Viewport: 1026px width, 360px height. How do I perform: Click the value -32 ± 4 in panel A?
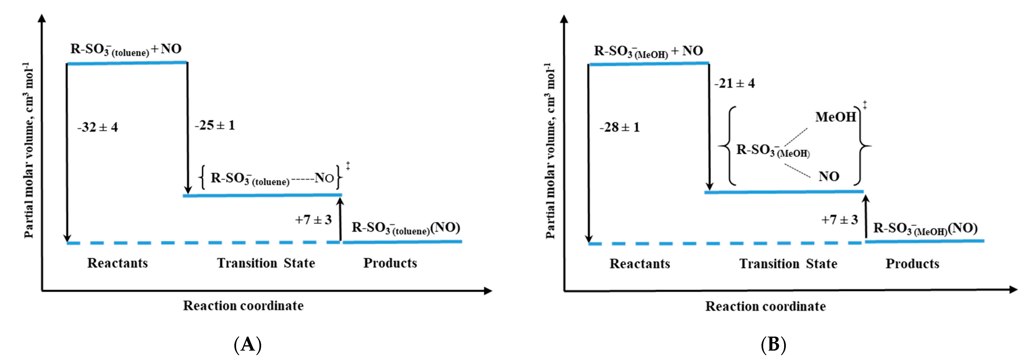pos(98,127)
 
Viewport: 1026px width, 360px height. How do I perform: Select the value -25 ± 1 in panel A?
pos(215,125)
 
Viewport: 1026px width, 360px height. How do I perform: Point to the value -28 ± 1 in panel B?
pos(619,127)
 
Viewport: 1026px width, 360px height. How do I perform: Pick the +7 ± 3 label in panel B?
pos(840,220)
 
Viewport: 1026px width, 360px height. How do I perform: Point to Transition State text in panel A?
pos(266,263)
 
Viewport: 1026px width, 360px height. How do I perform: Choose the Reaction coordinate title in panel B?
pos(766,306)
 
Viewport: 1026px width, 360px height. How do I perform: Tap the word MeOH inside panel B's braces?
pos(835,117)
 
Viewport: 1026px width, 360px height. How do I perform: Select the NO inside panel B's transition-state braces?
pos(829,177)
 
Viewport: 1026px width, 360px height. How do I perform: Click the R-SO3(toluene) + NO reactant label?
pos(126,49)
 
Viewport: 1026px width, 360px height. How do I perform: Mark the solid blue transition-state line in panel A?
pos(262,195)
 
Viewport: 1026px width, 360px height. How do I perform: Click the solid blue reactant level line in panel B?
pos(649,64)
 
